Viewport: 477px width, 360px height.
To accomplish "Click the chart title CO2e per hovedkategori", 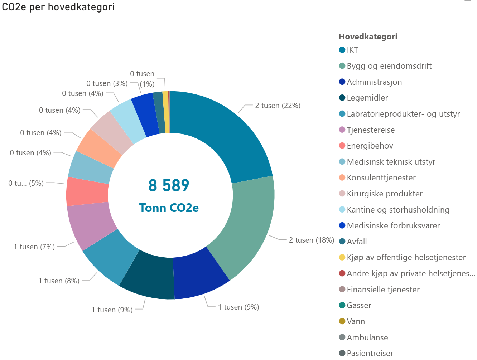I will pos(58,7).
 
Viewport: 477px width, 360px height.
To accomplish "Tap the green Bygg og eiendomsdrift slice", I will pos(247,222).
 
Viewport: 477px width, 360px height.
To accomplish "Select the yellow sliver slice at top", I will pos(165,112).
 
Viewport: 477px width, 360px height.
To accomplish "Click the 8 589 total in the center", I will pos(169,186).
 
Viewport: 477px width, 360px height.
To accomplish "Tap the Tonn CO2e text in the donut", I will pos(169,208).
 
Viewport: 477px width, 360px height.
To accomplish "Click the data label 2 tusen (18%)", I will pos(312,240).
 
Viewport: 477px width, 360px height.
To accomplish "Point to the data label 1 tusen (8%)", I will pos(59,281).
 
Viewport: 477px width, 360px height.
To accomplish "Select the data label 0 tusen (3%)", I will pos(107,83).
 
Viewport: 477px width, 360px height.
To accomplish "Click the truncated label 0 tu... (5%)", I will pos(26,183).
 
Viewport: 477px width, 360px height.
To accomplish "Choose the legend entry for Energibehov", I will pos(370,146).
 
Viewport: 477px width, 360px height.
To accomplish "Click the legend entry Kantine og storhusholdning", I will pos(398,210).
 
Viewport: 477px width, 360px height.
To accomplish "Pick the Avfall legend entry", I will pos(357,242).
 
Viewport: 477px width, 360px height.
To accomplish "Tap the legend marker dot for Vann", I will pos(342,321).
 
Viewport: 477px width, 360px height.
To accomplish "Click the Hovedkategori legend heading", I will pos(368,37).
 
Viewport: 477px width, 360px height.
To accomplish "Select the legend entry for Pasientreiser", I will pos(370,353).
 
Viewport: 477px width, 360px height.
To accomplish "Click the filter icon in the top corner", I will pos(468,3).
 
